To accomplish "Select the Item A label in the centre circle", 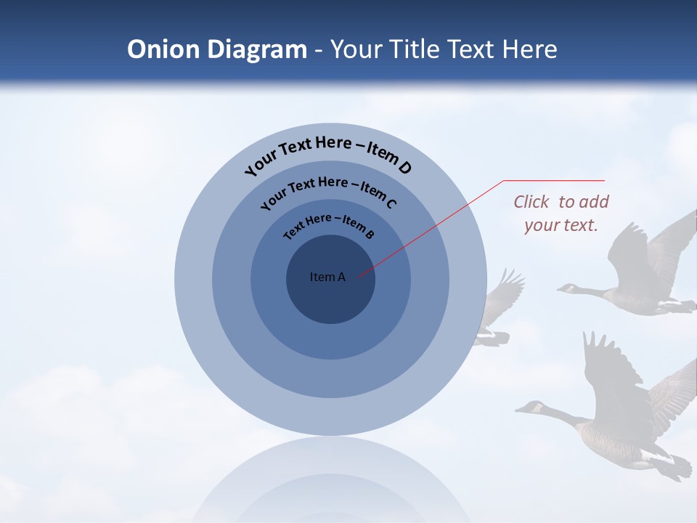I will point(327,277).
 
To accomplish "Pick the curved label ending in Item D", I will point(328,154).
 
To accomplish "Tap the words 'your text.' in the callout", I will point(561,225).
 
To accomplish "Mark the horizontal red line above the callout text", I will point(554,180).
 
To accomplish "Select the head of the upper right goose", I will point(567,288).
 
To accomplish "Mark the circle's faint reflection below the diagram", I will point(330,479).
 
